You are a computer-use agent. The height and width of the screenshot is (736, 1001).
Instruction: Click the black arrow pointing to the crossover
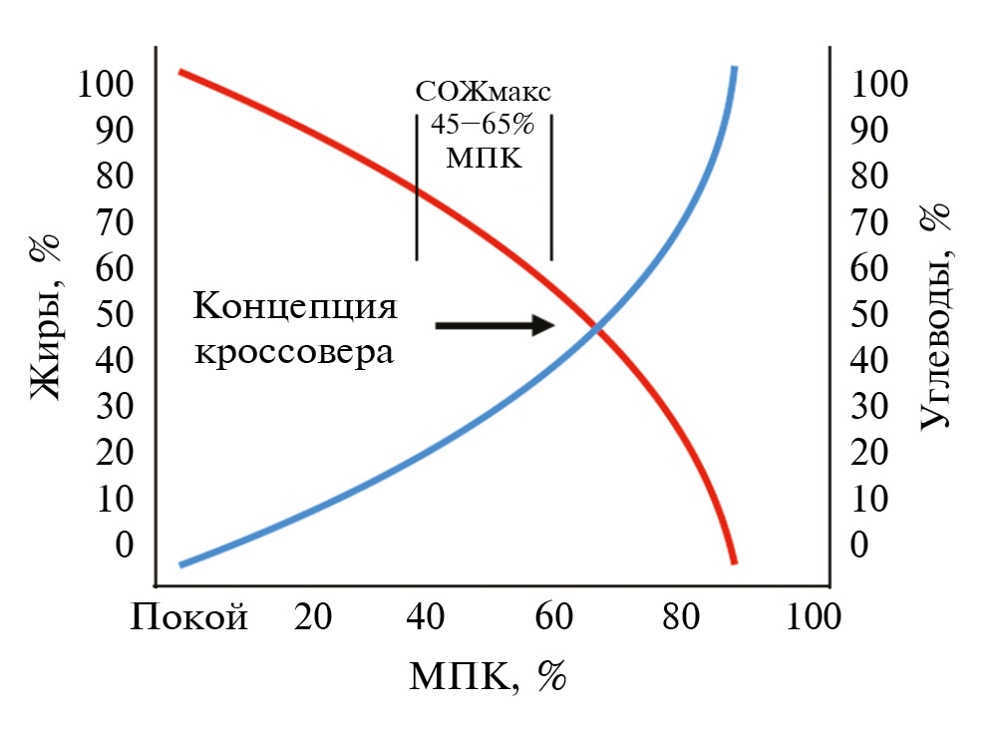(496, 325)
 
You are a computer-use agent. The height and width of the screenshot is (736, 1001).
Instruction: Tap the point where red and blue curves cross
(596, 328)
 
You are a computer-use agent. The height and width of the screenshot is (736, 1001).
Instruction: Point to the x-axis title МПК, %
(488, 677)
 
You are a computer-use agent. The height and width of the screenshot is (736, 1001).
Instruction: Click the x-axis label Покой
(188, 618)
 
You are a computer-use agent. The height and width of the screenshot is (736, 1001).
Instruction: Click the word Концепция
(296, 304)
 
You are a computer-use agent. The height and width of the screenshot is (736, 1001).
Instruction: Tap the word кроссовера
(288, 351)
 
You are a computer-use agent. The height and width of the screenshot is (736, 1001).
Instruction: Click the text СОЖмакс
(484, 93)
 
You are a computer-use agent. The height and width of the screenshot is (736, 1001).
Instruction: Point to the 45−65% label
(484, 126)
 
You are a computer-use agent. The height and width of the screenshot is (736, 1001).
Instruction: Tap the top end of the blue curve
(734, 70)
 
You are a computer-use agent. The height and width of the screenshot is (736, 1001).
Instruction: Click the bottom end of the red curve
(734, 561)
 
